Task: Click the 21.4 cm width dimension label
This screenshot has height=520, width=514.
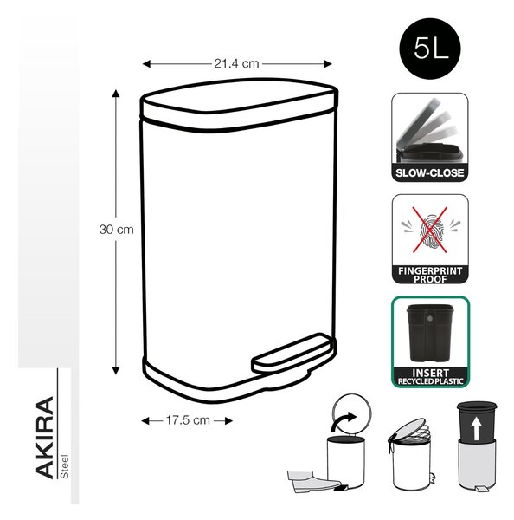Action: [236, 63]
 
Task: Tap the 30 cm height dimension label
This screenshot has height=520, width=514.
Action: [116, 230]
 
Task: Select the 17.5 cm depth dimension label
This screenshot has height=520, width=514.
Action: [188, 420]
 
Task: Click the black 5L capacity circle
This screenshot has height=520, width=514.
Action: [429, 49]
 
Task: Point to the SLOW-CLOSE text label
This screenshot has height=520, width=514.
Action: [429, 172]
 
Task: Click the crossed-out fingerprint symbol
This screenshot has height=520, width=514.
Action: [430, 230]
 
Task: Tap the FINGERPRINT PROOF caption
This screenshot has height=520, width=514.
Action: [430, 275]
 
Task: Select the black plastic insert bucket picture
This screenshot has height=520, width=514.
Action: [429, 333]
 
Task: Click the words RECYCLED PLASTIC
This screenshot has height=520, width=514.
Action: [430, 381]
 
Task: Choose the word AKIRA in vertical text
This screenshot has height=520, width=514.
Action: [45, 438]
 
